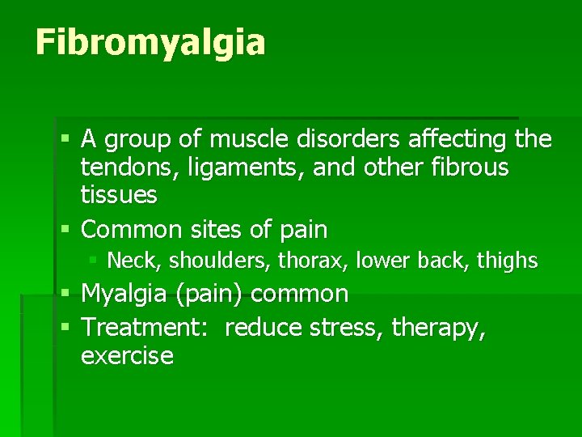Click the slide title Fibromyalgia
click(x=150, y=43)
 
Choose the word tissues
click(x=119, y=195)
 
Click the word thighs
click(x=507, y=261)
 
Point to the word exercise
click(x=127, y=355)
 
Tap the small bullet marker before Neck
click(x=94, y=260)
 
